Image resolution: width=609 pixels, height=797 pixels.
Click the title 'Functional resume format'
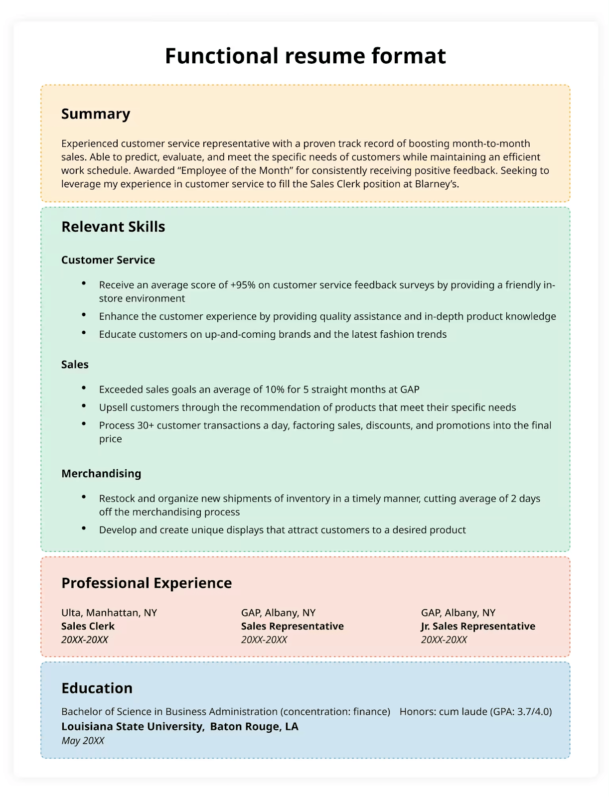305,56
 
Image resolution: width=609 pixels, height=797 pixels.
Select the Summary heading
96,114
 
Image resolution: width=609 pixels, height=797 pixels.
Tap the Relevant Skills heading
113,227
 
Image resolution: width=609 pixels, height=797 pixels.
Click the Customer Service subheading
108,260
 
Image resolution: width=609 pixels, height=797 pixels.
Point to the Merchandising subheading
101,474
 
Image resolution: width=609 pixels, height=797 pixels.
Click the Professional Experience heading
147,583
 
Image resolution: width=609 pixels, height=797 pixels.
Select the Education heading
97,688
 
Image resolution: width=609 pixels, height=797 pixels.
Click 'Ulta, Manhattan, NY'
109,613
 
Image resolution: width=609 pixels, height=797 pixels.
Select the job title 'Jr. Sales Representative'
478,627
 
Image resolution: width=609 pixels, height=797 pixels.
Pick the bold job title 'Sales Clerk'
88,627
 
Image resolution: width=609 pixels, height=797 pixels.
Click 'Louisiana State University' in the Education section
133,727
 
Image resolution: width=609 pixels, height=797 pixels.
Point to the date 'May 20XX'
83,741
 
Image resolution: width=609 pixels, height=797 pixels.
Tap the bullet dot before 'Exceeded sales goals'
84,388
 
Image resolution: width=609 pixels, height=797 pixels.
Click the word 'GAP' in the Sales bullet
410,390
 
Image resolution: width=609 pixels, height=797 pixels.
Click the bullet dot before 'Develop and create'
84,529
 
